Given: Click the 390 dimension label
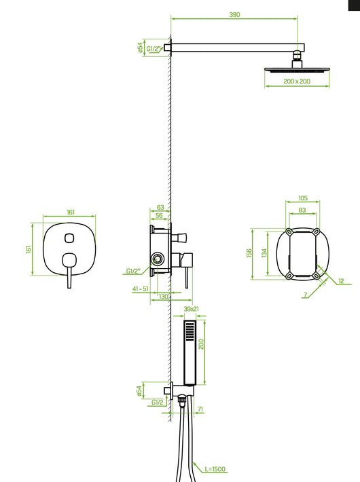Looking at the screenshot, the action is pyautogui.click(x=234, y=14).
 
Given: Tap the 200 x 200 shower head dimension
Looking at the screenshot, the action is pyautogui.click(x=297, y=81).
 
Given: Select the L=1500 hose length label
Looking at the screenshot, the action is pyautogui.click(x=215, y=469).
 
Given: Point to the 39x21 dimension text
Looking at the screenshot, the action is pyautogui.click(x=191, y=309).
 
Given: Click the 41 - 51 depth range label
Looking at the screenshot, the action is pyautogui.click(x=141, y=289).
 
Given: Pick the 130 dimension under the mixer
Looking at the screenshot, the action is pyautogui.click(x=164, y=297).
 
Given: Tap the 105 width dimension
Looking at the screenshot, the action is pyautogui.click(x=303, y=198).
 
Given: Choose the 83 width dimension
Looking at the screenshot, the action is pyautogui.click(x=302, y=210).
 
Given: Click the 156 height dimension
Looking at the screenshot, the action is pyautogui.click(x=249, y=253).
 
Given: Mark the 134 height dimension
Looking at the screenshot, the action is pyautogui.click(x=264, y=253).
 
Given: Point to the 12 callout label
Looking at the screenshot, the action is pyautogui.click(x=341, y=280).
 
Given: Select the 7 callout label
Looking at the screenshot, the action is pyautogui.click(x=305, y=295).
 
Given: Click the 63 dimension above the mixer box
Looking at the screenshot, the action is pyautogui.click(x=160, y=207).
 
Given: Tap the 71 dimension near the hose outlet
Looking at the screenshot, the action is pyautogui.click(x=200, y=409).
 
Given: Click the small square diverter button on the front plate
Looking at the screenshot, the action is pyautogui.click(x=69, y=238).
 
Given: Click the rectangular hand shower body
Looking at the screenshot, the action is pyautogui.click(x=190, y=352).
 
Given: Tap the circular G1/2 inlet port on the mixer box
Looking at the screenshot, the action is pyautogui.click(x=158, y=259).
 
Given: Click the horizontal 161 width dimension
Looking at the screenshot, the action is pyautogui.click(x=71, y=212).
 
